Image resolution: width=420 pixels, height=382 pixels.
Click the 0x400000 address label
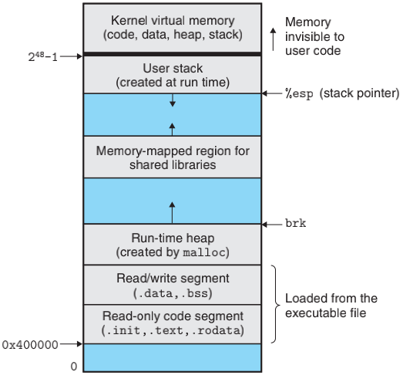coord(30,345)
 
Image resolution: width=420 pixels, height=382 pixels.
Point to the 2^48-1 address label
coord(43,56)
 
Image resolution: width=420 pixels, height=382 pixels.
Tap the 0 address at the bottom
coord(74,367)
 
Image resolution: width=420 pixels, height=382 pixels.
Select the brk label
coord(296,223)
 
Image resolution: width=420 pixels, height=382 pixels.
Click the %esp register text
coord(299,93)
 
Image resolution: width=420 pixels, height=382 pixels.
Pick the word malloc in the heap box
coord(204,252)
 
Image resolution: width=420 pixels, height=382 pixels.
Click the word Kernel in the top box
coord(129,20)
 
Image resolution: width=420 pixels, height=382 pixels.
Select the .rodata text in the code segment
coord(218,330)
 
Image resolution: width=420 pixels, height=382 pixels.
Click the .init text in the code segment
coord(123,330)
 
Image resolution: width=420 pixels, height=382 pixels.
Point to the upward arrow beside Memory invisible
coord(273,39)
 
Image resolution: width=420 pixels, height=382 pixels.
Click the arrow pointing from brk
coord(272,225)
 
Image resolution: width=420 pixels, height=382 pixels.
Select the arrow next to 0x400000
coord(71,344)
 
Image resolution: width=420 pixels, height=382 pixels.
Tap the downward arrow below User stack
coord(173,100)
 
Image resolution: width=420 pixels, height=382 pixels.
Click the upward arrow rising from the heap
coord(172,212)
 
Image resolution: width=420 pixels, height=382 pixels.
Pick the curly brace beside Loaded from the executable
coord(276,304)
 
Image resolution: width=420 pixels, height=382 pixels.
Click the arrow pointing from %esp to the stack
coord(272,93)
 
